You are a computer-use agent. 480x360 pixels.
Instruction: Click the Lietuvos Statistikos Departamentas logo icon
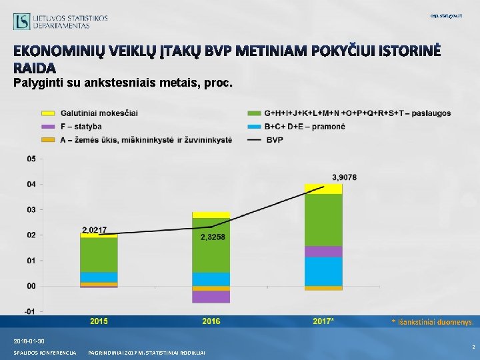click(x=21, y=21)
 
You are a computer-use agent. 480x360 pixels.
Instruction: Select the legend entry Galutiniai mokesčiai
click(x=99, y=113)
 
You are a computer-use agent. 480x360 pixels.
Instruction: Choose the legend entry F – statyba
click(x=81, y=126)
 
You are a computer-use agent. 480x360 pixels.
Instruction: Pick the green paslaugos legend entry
click(x=357, y=113)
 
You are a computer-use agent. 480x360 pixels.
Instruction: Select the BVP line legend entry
click(x=273, y=140)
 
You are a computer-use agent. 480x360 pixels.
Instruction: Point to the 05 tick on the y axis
click(x=31, y=159)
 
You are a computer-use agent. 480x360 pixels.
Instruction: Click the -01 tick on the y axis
click(x=31, y=311)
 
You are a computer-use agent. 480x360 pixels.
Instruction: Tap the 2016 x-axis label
click(x=211, y=321)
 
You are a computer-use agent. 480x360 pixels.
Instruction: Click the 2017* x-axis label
click(x=323, y=321)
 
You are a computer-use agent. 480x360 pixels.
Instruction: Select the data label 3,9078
click(x=344, y=177)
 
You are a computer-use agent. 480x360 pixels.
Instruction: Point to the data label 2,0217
click(x=94, y=229)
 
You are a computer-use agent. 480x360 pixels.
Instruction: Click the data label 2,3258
click(x=213, y=237)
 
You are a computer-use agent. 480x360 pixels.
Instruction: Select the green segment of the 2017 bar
click(x=323, y=220)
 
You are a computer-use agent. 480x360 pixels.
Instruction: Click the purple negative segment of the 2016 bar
click(x=211, y=297)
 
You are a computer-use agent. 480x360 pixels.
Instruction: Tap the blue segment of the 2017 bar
click(x=323, y=271)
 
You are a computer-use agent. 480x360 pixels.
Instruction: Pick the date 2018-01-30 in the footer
click(x=29, y=341)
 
